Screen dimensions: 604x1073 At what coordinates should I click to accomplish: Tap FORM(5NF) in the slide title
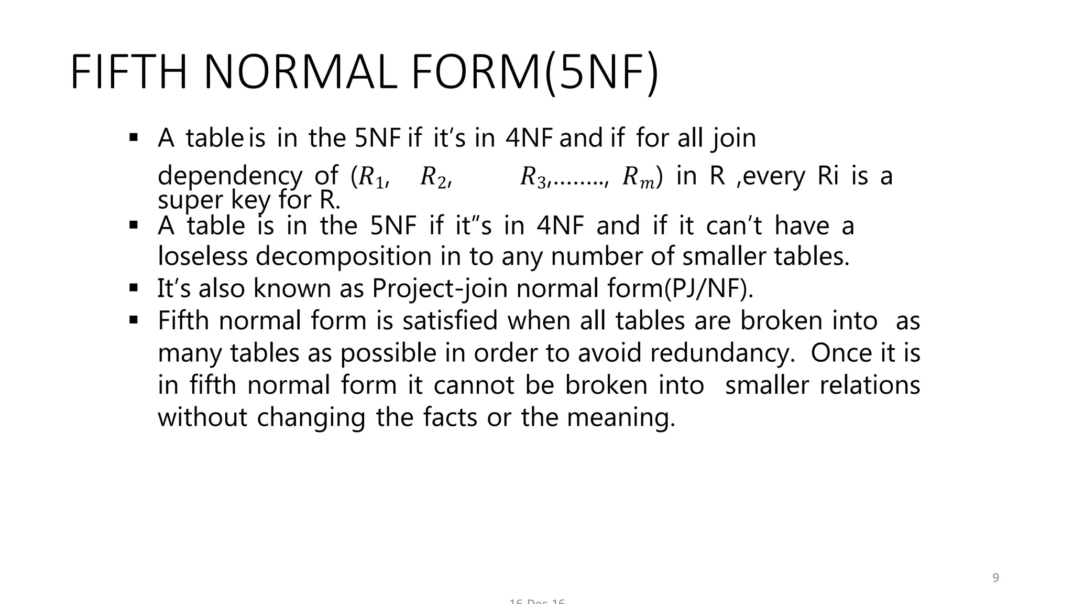pos(534,73)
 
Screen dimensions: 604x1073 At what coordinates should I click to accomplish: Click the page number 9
pos(995,578)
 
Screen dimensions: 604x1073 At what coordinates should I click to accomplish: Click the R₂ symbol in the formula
pos(434,177)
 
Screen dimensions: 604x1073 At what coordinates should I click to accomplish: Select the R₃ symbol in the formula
pos(533,177)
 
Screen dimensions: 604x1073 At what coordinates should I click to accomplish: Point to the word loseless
pos(202,256)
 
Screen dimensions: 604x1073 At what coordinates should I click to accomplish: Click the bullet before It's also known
pos(133,287)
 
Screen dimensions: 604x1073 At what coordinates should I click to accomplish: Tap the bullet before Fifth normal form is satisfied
pos(133,319)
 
